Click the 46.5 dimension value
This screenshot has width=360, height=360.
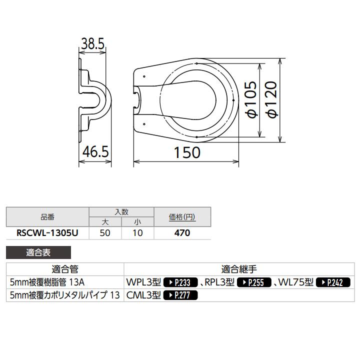click(95, 151)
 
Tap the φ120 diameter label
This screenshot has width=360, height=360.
click(272, 100)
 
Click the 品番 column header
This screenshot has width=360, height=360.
click(47, 217)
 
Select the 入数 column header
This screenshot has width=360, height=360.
click(121, 211)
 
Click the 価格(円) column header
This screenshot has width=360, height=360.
click(182, 217)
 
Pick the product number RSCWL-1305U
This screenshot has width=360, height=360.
click(47, 232)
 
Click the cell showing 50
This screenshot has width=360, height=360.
click(105, 232)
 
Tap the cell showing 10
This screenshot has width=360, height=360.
click(137, 232)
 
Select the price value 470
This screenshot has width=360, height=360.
click(182, 232)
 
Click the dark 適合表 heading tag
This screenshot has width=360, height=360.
click(38, 253)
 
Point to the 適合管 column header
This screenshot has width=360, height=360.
click(65, 269)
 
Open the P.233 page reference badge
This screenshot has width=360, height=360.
click(181, 282)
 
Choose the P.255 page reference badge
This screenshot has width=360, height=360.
click(253, 282)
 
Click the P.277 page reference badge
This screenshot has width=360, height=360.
click(181, 295)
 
